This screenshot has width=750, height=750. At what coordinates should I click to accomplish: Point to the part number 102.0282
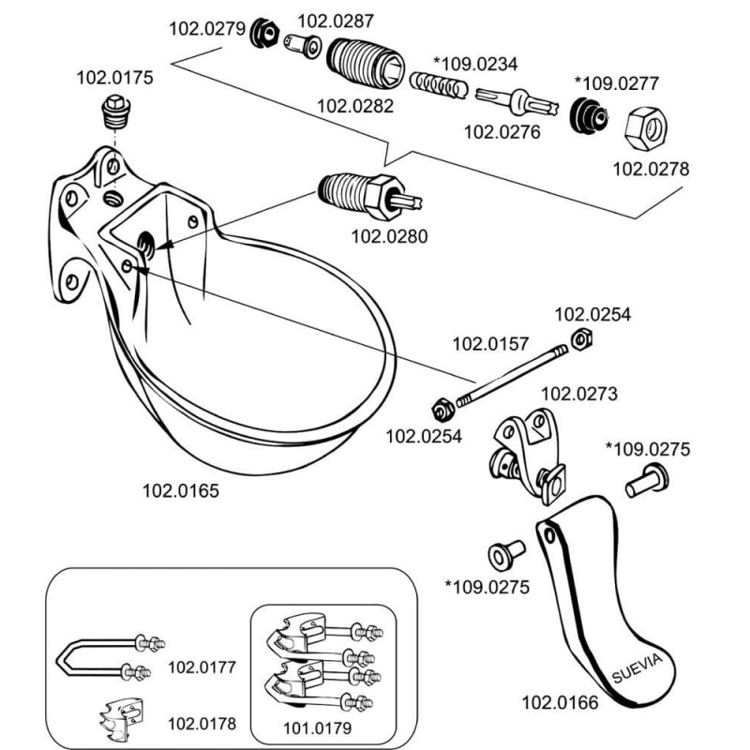tap(356, 106)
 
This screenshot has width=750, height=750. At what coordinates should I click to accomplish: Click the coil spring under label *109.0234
tap(442, 86)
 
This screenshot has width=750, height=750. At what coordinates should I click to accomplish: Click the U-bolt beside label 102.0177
tap(107, 656)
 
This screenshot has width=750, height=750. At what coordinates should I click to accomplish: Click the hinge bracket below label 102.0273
tap(529, 451)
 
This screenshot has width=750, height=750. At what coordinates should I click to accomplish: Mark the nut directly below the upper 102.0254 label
tap(579, 339)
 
